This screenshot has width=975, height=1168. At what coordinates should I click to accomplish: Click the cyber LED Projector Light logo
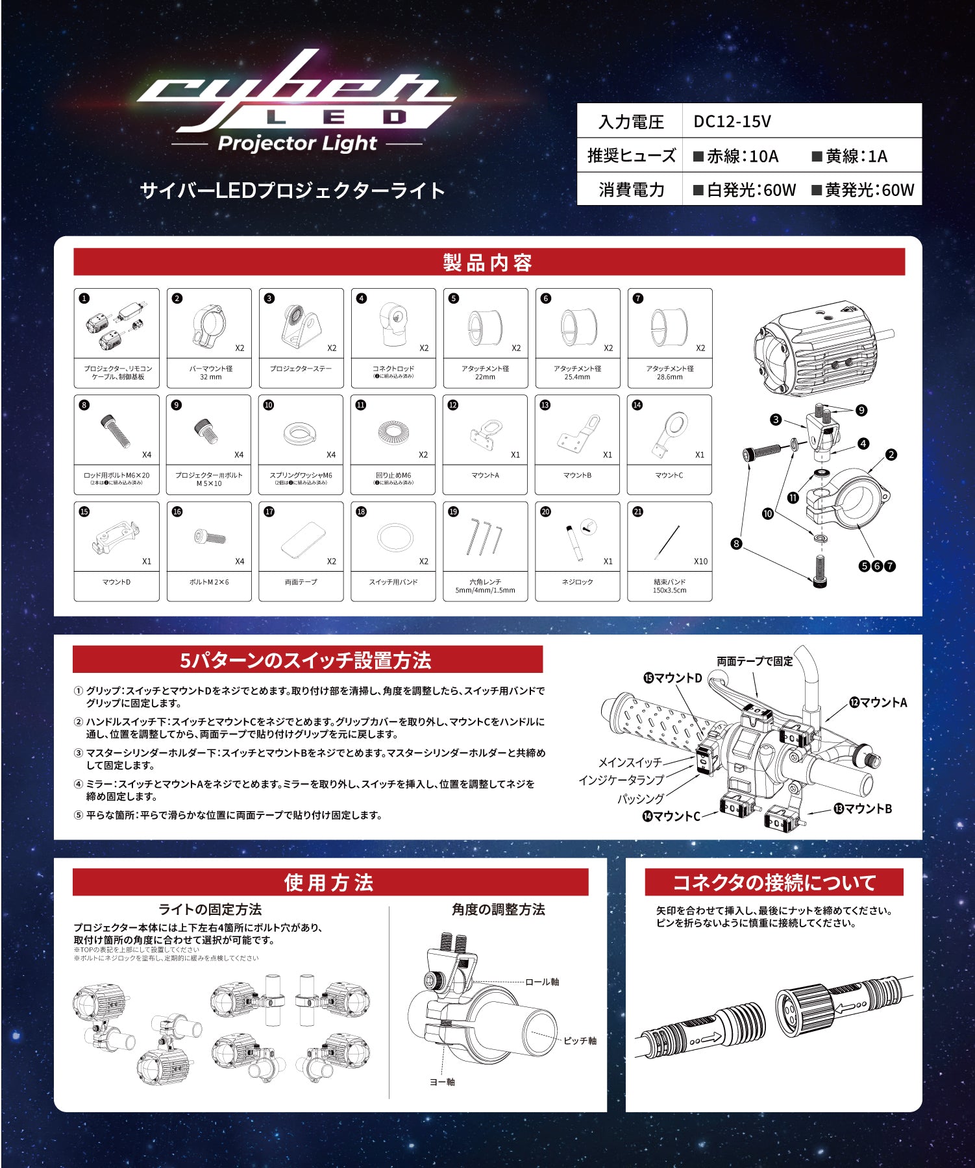295,101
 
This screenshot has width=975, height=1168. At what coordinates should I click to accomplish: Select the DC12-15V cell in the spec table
732,121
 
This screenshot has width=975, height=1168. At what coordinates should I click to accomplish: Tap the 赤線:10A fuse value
735,156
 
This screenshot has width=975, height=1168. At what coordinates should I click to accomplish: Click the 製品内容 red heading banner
488,263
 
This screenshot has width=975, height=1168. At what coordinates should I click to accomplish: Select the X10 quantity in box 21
700,561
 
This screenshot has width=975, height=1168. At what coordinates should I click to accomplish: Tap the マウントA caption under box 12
485,475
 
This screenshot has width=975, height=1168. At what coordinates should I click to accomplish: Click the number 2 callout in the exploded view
891,455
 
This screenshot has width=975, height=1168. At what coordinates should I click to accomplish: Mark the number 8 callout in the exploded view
736,544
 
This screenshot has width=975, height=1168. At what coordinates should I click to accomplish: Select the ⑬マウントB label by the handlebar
863,809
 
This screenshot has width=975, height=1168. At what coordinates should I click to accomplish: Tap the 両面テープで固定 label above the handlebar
754,661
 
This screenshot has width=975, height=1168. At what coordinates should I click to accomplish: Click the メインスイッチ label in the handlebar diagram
630,762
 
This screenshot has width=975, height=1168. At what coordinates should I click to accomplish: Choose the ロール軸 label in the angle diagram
542,982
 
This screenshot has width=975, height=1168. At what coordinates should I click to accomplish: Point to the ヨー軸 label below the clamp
442,1082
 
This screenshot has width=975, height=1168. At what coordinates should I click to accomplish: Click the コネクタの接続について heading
774,882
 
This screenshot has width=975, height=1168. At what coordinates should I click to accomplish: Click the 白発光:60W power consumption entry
744,190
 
